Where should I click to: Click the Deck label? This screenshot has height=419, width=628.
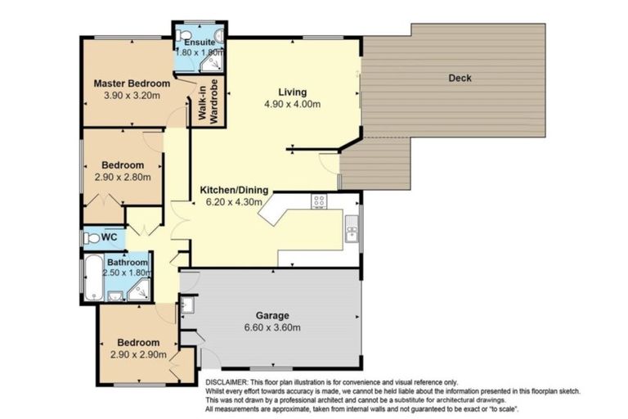tap(460, 79)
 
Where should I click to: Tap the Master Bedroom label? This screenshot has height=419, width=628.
tap(132, 83)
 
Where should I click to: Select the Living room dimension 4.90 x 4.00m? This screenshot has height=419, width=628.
tap(293, 104)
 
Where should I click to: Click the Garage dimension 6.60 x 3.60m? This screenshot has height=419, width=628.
tap(272, 327)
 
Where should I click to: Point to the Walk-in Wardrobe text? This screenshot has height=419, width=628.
tap(209, 101)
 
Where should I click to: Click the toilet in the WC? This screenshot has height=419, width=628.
tap(92, 239)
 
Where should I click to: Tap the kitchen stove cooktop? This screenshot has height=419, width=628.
tap(319, 201)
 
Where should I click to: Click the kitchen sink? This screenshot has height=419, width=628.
tap(352, 229)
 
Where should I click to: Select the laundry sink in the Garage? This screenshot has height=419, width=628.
tap(187, 305)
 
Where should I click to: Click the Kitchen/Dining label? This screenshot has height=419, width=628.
tap(234, 190)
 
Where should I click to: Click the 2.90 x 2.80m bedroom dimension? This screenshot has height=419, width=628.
tap(123, 178)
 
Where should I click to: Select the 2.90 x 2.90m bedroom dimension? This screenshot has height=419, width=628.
tap(138, 355)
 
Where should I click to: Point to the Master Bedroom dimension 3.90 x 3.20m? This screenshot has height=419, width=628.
tap(132, 96)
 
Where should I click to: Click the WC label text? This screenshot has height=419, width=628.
tap(109, 237)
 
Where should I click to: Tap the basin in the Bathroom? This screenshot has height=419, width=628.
tap(115, 296)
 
